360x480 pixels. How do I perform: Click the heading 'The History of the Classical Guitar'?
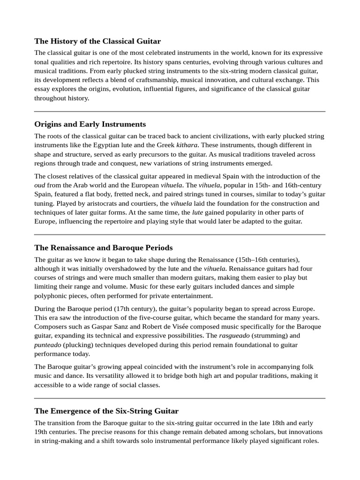[x=97, y=41]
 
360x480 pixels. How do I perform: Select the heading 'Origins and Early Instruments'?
[x=90, y=124]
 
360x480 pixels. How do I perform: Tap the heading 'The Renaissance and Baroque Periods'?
[x=104, y=247]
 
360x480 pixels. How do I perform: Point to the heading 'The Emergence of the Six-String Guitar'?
[x=106, y=411]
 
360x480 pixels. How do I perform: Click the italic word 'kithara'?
[x=187, y=145]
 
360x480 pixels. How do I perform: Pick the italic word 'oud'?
[x=40, y=185]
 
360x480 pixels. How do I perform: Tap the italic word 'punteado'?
[x=47, y=345]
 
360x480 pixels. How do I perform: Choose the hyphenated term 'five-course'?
[x=152, y=318]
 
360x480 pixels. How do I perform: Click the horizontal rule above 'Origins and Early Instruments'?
[x=180, y=112]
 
